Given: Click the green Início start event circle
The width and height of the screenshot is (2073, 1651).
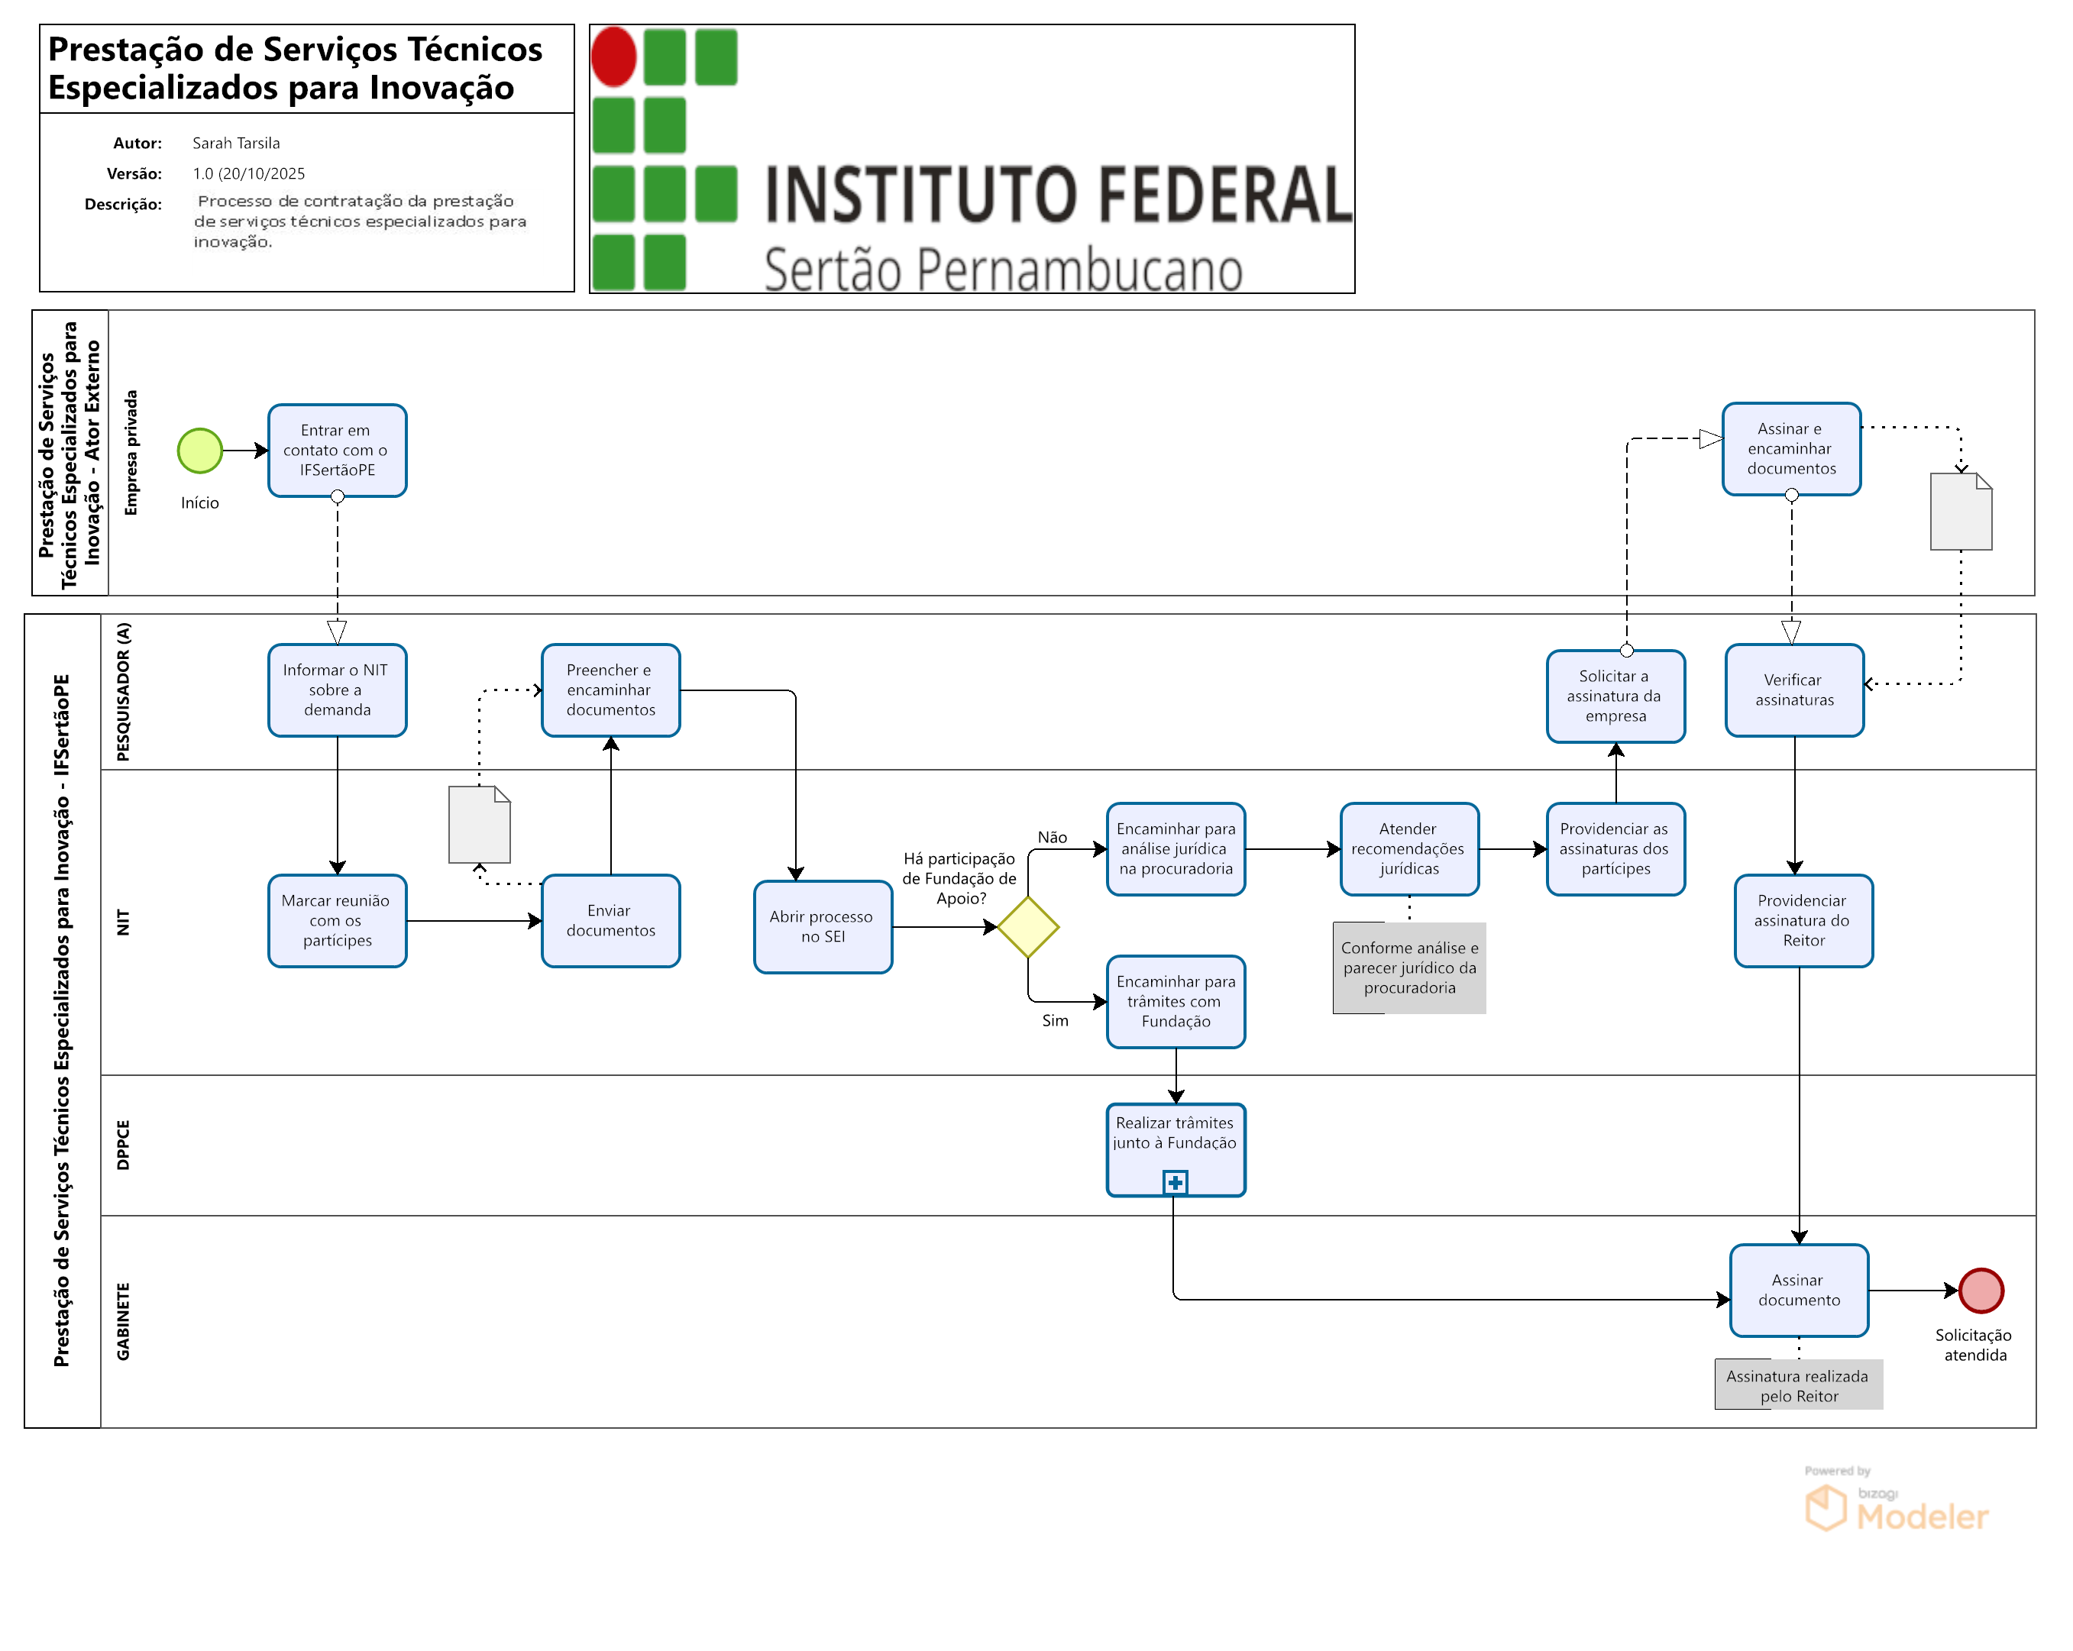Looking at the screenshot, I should coord(200,450).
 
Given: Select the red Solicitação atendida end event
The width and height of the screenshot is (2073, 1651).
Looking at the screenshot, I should coord(1981,1291).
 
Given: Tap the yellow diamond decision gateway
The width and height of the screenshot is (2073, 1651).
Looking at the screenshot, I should coord(1028,927).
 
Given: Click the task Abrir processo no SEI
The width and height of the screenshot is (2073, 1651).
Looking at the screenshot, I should coord(822,927).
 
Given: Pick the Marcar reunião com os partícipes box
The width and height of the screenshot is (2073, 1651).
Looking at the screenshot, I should coord(337,920).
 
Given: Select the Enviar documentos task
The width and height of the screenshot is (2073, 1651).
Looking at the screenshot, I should coord(610,920).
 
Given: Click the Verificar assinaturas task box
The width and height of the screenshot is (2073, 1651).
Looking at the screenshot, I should coord(1794,690).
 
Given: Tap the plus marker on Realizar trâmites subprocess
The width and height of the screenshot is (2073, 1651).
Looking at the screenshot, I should coord(1175,1182).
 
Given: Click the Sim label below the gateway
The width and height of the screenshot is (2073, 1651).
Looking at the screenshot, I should coord(1055,1020).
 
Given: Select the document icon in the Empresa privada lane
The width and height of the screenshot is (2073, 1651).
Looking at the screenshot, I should coord(1961,512).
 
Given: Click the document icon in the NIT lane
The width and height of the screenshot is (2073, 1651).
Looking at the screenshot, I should coord(479,825).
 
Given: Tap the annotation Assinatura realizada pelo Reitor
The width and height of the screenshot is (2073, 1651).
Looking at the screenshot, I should coord(1798,1385).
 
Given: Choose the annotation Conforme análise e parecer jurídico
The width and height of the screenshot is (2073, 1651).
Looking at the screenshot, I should coord(1409,968).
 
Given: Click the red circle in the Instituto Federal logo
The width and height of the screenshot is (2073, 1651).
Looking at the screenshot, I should coord(613,57).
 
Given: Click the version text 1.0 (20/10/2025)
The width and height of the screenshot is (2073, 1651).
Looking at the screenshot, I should coord(248,174).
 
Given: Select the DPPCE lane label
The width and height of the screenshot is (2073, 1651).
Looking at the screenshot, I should coord(123,1144).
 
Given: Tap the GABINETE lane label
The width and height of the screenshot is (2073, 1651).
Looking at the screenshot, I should coord(123,1321).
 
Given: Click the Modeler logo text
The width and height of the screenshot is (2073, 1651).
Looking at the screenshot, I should coord(1921,1517).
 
